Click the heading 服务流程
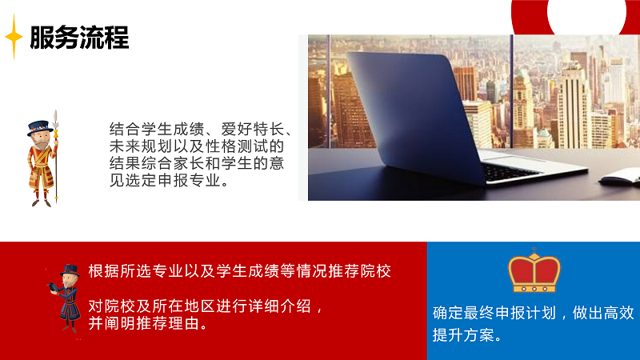79,38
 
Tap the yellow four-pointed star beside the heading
14,37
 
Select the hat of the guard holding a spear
40,127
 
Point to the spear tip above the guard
55,117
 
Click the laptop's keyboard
510,171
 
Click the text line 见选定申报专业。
170,181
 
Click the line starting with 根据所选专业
240,271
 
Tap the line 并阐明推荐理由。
149,323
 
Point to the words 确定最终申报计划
494,313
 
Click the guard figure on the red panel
66,298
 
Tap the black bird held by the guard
54,287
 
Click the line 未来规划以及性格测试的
197,146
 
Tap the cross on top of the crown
534,250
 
